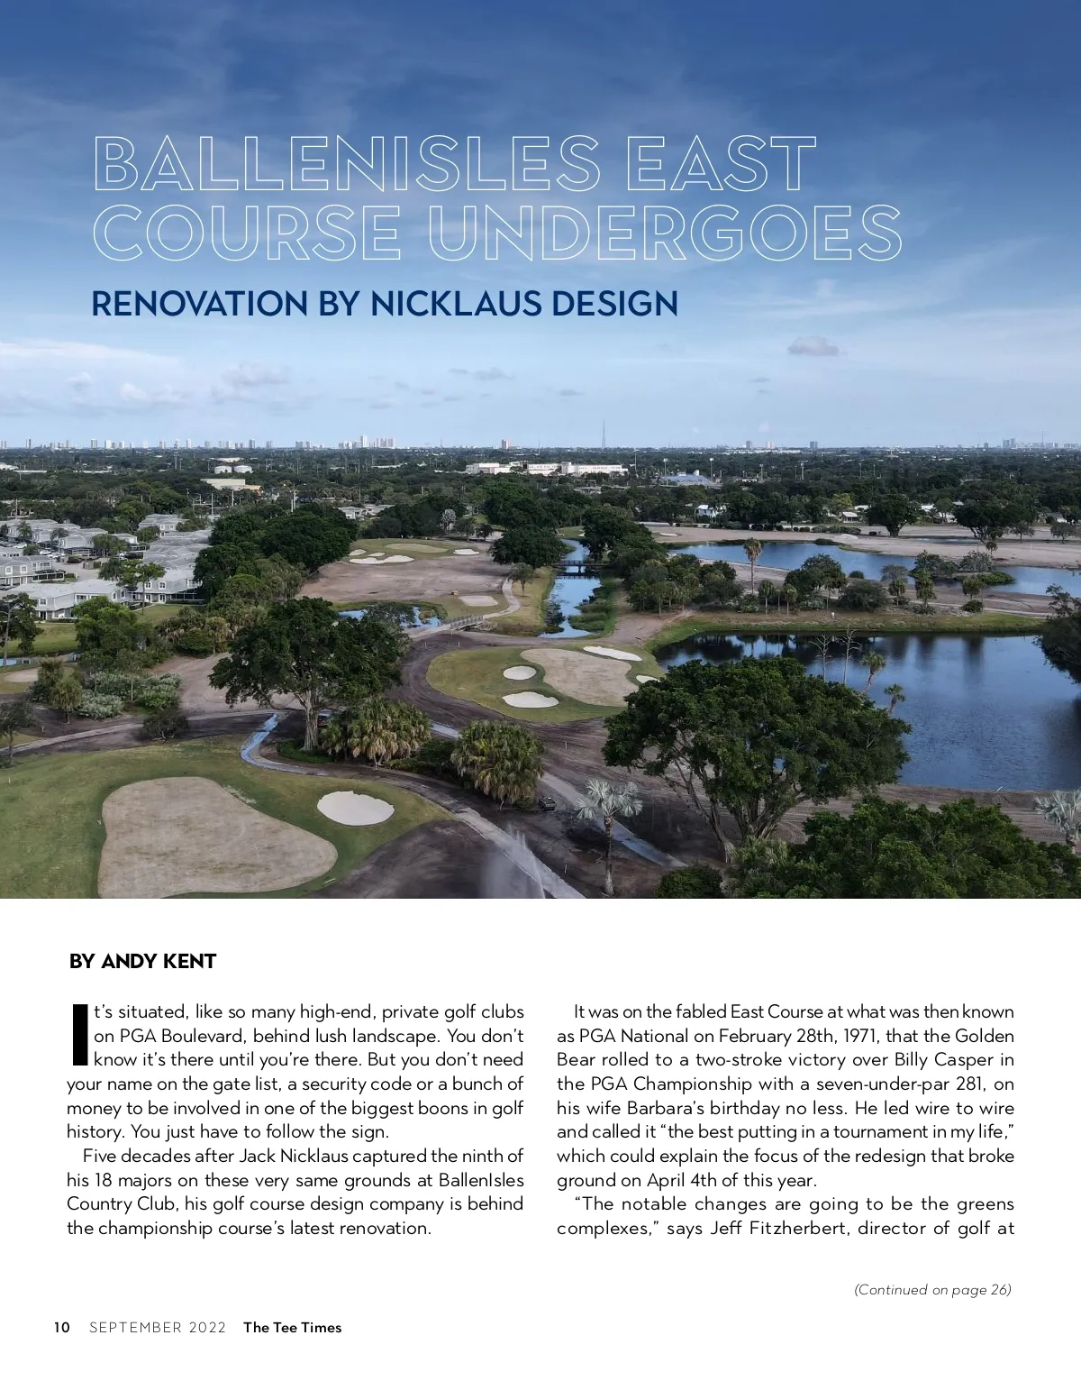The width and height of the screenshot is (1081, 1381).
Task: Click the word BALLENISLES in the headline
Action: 347,164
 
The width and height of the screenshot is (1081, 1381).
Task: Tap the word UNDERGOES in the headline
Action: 666,233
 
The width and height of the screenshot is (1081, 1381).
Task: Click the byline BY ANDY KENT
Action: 142,961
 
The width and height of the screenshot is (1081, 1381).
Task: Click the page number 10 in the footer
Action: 61,1327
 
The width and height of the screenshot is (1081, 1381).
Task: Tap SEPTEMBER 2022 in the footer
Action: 158,1327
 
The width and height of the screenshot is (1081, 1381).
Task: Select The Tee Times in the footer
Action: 293,1327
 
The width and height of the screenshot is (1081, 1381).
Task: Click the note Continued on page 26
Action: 932,1289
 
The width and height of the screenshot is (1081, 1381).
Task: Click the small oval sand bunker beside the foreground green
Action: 355,806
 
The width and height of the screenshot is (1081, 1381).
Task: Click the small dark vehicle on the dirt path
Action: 547,802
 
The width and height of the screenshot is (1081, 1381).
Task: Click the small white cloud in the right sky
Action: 813,345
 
